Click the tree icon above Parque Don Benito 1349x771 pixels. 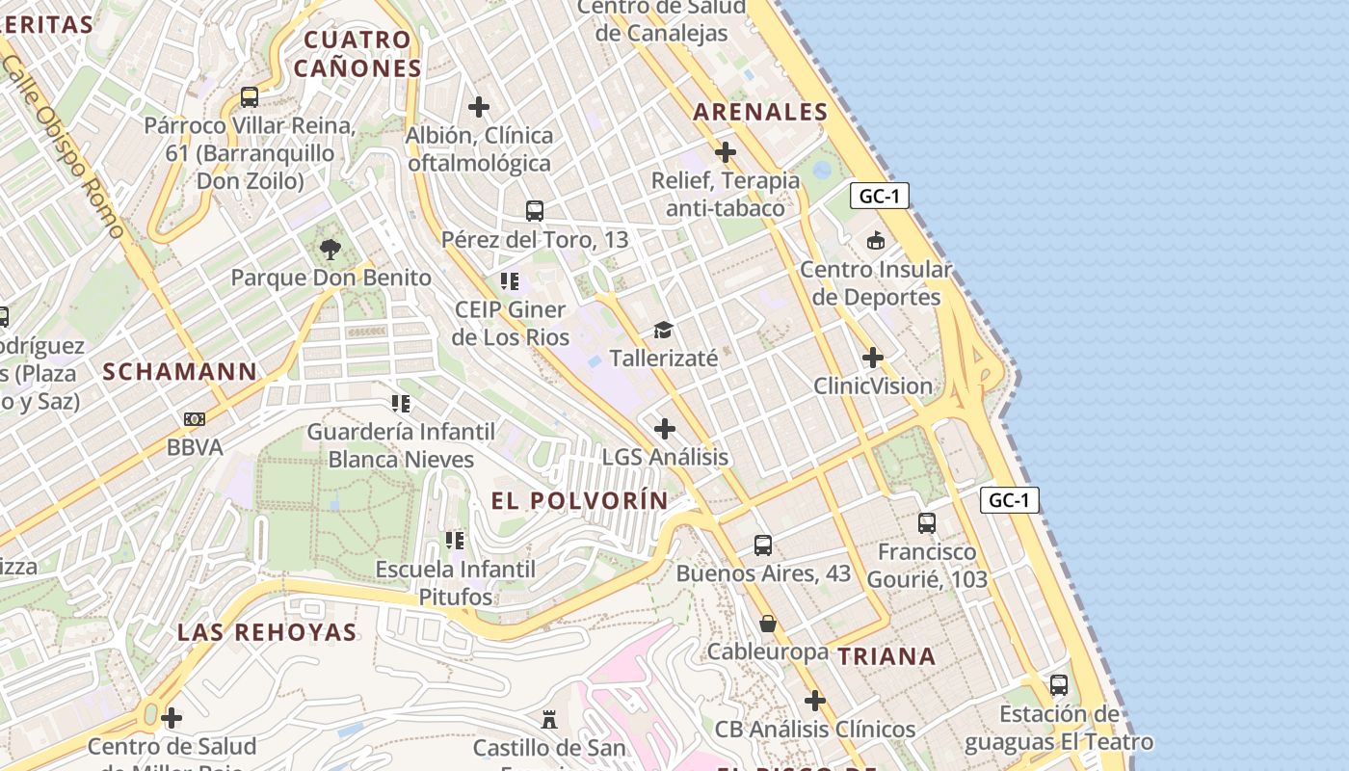pos(331,251)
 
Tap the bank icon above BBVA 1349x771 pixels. pos(195,419)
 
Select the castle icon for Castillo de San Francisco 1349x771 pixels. pos(549,720)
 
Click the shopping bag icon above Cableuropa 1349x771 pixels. pos(768,624)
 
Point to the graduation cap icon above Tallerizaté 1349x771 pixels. pos(663,331)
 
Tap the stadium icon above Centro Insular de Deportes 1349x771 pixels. pos(876,241)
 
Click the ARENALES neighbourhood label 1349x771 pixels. pos(760,112)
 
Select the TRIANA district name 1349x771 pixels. pos(886,656)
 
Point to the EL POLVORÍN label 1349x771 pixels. pos(579,500)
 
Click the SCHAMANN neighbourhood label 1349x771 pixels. pos(180,371)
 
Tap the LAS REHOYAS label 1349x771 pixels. pos(267,632)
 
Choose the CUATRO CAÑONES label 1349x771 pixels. pos(357,54)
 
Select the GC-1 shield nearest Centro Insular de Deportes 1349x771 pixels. pos(880,196)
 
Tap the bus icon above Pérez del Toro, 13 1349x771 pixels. pos(535,211)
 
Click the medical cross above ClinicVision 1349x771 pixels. pos(873,359)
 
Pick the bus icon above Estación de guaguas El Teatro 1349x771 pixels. pos(1059,685)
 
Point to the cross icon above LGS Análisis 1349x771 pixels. pos(665,429)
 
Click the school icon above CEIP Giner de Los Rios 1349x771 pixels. pos(510,281)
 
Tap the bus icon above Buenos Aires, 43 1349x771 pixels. pos(763,545)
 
